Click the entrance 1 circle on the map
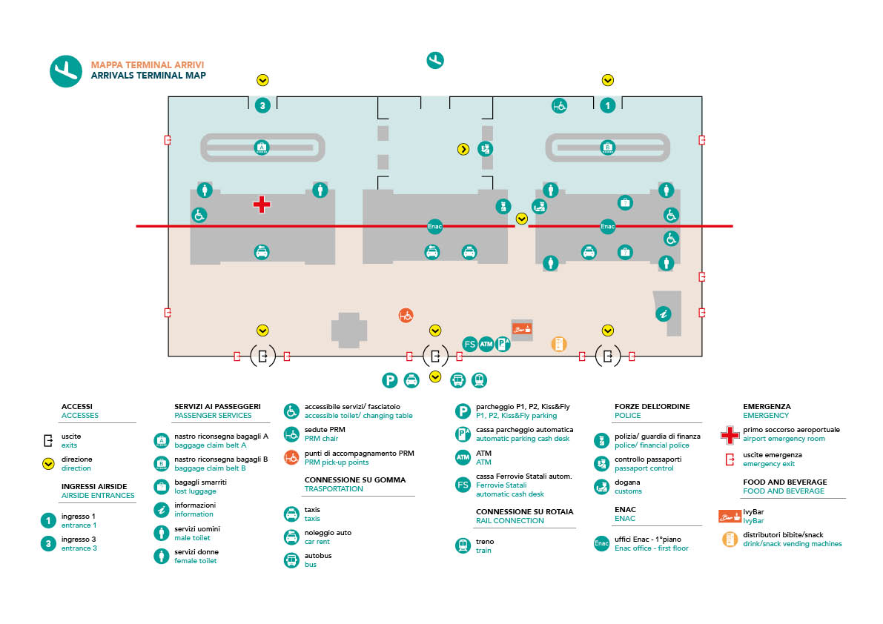pos(607,105)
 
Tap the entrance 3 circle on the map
pos(262,105)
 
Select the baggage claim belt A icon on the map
pos(261,147)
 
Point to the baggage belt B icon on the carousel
pos(607,147)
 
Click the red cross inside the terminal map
pos(261,205)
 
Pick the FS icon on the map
pos(469,344)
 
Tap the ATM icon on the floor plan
pos(486,344)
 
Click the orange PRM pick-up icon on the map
pos(406,316)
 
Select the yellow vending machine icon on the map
pos(558,344)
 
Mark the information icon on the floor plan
pos(664,313)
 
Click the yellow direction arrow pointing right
pos(463,149)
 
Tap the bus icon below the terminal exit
pos(458,380)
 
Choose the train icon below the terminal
pos(479,380)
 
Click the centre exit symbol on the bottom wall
pos(434,356)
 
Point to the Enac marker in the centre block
pos(434,226)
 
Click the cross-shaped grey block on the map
pos(349,331)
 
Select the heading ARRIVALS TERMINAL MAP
pos(148,76)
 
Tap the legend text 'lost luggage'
pos(195,491)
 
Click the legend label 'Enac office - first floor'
pos(651,548)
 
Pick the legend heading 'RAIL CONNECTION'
pos(509,520)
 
